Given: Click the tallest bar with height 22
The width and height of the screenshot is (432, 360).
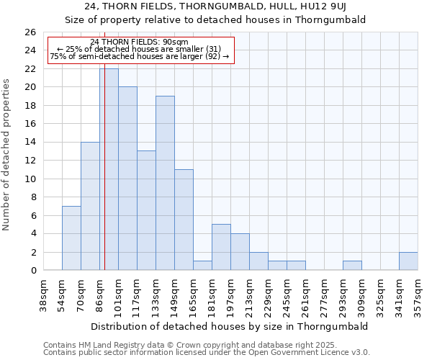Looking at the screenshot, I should [109, 169].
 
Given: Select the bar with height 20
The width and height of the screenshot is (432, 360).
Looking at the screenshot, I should [127, 179].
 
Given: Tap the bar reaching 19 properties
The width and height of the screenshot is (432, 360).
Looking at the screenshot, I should [165, 183].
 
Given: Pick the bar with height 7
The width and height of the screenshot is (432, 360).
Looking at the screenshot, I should [71, 238].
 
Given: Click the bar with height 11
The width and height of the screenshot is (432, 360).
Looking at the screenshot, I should [184, 220].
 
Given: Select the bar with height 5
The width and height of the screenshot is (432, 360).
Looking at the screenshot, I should [221, 247].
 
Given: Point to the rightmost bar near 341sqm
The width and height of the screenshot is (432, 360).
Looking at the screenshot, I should [408, 261].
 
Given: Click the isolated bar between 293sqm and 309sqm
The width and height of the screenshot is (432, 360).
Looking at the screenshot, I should [352, 266].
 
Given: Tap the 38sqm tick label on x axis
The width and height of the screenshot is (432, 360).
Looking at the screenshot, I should [44, 295].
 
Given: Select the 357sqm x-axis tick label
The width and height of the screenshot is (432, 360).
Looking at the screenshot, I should [418, 295].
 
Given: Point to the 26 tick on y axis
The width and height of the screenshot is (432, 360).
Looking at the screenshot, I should [30, 32].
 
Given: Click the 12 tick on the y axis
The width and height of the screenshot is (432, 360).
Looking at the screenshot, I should [30, 161].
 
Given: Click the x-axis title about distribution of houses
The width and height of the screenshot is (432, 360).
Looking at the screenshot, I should [230, 326].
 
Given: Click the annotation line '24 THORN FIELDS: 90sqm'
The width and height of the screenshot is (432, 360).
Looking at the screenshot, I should [140, 42].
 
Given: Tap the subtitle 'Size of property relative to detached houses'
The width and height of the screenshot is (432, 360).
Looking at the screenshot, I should [215, 19].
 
